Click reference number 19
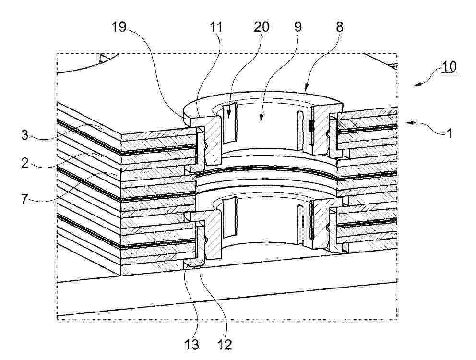(x=119, y=27)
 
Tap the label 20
(x=262, y=27)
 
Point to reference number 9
(x=298, y=27)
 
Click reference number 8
(x=339, y=27)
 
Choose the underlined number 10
(x=449, y=67)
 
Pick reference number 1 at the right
(x=450, y=133)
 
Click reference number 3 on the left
(x=25, y=134)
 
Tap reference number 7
(x=25, y=200)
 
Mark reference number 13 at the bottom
(x=192, y=345)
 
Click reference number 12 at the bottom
(x=225, y=345)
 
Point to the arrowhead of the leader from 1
(x=409, y=123)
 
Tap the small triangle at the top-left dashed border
(x=103, y=59)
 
